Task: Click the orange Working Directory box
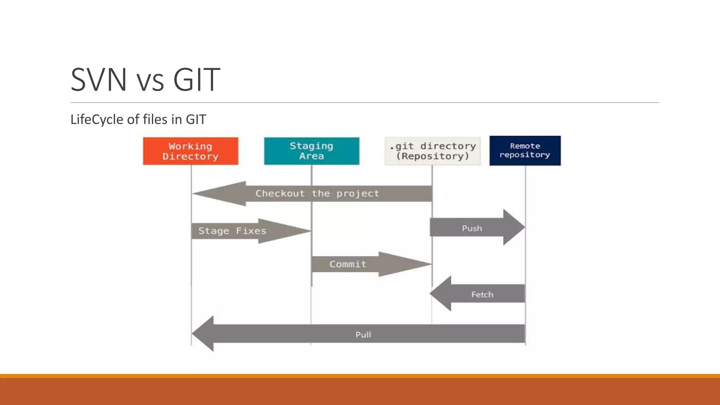click(x=191, y=151)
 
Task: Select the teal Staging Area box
click(x=311, y=151)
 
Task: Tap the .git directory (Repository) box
click(x=432, y=151)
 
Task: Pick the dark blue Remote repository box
click(x=525, y=150)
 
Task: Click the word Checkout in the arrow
click(x=280, y=193)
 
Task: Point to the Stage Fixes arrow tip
click(x=302, y=231)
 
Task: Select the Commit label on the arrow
click(x=348, y=264)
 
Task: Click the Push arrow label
click(x=472, y=229)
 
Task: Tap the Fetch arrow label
click(x=482, y=295)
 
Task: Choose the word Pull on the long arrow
click(x=363, y=335)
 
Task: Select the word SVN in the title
click(x=98, y=80)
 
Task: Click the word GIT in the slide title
click(x=197, y=80)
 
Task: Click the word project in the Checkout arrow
click(x=358, y=193)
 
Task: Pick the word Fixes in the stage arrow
click(x=251, y=231)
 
